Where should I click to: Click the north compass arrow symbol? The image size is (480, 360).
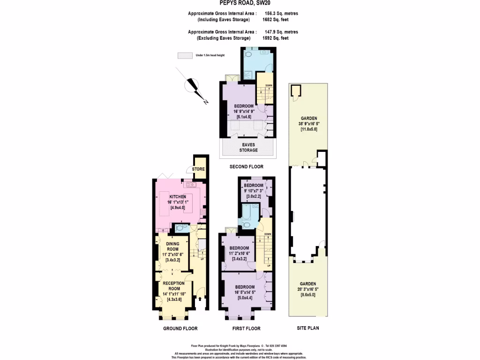coord(193,86)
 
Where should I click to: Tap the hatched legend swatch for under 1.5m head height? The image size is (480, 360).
coord(185,55)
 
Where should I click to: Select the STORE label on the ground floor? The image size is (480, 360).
coord(198,169)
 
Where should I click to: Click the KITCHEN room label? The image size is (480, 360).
coord(178,197)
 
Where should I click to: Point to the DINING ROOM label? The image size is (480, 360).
coord(172,247)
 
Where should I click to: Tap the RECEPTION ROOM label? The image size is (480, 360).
coord(173,286)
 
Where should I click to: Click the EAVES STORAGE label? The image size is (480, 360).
coord(248,147)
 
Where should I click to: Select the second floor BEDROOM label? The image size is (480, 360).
coord(244,106)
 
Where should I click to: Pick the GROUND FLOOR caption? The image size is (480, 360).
coord(180,329)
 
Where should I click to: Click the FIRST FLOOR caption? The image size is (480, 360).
coord(246,329)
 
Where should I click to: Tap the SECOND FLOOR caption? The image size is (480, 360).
coord(246,166)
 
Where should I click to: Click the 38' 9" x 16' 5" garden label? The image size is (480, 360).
coord(309,123)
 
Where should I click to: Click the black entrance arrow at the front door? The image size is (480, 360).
coord(200,298)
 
